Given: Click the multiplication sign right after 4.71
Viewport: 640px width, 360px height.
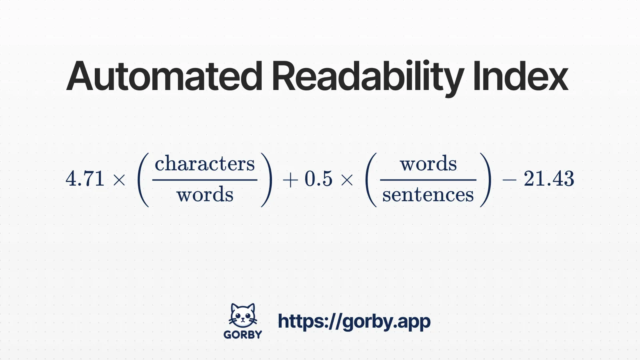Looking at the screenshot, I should point(119,180).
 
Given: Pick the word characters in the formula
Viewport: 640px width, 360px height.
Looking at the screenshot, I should point(205,164).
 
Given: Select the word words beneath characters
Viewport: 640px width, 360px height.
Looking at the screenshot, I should point(205,195).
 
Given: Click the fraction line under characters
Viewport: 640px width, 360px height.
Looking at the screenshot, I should point(205,180).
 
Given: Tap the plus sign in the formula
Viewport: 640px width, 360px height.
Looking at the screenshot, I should point(290,180).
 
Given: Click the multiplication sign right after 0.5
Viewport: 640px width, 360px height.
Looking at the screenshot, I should point(347,180).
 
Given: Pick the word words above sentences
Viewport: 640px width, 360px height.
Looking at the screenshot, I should point(428,164).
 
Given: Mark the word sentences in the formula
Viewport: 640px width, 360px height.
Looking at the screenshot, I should point(428,195).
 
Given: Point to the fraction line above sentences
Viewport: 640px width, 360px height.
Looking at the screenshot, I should point(428,180).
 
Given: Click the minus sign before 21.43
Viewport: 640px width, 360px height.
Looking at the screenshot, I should point(509,180).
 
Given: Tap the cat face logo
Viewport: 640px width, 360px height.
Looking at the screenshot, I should point(243,316).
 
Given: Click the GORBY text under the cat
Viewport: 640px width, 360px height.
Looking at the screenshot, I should point(243,334).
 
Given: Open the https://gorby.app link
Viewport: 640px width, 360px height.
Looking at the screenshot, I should point(354,321).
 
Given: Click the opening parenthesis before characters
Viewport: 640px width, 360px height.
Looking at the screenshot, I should point(143,180).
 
